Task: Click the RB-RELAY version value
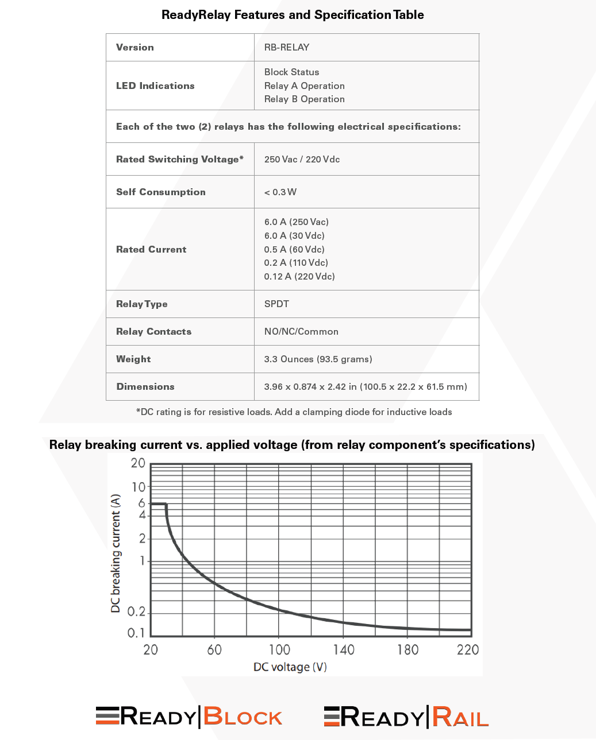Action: [287, 47]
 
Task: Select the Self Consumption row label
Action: [160, 192]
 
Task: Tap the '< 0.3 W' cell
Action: [280, 192]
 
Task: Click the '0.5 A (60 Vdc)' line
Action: [294, 249]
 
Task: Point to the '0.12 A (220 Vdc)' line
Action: [299, 276]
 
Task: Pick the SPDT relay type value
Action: [276, 304]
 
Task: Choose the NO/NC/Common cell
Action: [301, 331]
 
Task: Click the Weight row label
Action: [133, 359]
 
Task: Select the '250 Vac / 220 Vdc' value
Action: [302, 159]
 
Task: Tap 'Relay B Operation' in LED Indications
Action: [304, 99]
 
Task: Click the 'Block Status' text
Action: [291, 72]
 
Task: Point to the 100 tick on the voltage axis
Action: [279, 649]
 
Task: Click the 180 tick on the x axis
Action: [407, 649]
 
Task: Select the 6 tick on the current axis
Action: [141, 503]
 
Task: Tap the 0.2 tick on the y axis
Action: [136, 612]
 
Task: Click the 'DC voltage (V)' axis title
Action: [290, 667]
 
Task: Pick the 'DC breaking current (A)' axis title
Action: [116, 553]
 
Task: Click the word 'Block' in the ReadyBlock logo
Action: [243, 717]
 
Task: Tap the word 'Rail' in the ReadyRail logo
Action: [460, 717]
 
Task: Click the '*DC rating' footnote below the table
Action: [294, 412]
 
